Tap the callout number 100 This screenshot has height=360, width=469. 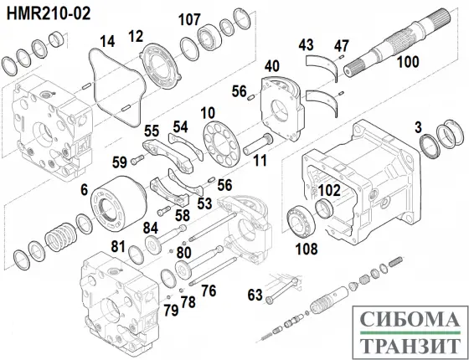coord(407,61)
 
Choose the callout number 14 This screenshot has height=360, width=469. coord(107,41)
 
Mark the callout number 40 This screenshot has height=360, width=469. coord(271,66)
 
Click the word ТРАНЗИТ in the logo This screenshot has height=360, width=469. coord(405,344)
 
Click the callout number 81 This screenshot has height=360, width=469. coord(118,246)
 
